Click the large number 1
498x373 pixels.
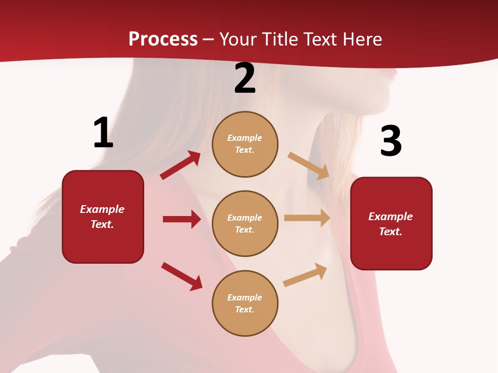(x=103, y=133)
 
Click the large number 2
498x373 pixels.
(x=245, y=79)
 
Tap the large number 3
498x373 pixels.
(x=391, y=141)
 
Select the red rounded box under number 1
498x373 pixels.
(x=103, y=217)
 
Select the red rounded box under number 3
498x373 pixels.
(x=391, y=224)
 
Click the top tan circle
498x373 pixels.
(x=245, y=144)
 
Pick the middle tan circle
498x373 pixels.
(x=245, y=224)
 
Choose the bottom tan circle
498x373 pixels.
(x=245, y=304)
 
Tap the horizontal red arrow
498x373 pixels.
(x=182, y=219)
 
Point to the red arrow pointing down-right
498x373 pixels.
(x=182, y=276)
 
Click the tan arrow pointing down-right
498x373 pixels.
(x=308, y=166)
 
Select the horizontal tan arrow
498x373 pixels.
(x=307, y=218)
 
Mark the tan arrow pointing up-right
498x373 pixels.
(x=305, y=275)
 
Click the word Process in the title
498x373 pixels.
(x=163, y=39)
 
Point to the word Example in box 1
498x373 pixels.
(x=102, y=209)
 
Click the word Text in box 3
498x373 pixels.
(x=390, y=232)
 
